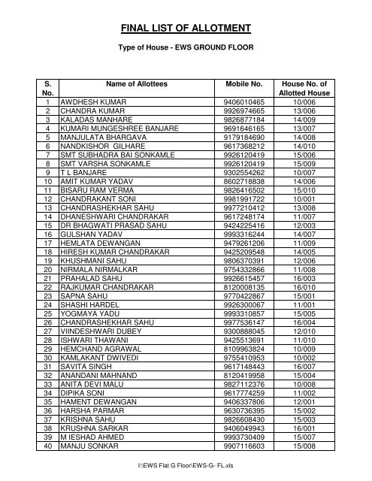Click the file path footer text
(x=186, y=476)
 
